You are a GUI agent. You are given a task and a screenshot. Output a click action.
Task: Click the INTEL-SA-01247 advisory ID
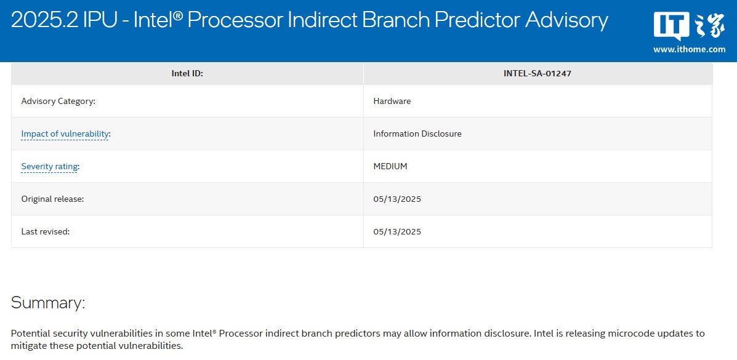(x=538, y=74)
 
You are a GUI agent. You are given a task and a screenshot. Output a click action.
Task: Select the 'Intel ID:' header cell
(x=187, y=74)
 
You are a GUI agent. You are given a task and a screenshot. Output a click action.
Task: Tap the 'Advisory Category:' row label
(x=58, y=101)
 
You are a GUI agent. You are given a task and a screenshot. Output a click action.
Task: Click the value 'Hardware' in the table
(x=392, y=101)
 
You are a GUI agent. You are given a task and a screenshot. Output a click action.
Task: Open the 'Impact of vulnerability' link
(x=65, y=134)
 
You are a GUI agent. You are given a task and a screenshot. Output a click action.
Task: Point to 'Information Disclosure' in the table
(x=417, y=134)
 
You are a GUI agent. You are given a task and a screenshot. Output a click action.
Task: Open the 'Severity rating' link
(x=49, y=166)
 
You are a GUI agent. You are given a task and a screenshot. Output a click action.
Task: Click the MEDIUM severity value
(x=390, y=166)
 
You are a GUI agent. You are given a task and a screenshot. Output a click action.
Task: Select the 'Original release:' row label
(x=53, y=199)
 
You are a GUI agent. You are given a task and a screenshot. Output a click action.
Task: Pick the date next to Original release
(x=397, y=199)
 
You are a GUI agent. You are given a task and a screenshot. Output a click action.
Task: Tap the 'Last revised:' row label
(x=46, y=232)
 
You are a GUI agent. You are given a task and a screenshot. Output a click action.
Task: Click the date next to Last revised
(x=397, y=232)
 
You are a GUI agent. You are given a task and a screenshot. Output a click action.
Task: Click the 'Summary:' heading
(x=48, y=303)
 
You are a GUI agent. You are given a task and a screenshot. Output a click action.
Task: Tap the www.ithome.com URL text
(x=689, y=49)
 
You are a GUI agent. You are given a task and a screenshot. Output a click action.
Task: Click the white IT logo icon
(x=672, y=26)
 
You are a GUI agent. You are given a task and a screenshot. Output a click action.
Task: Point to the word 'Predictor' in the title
(x=473, y=20)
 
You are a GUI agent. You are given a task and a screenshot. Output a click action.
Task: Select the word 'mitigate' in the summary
(x=28, y=346)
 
